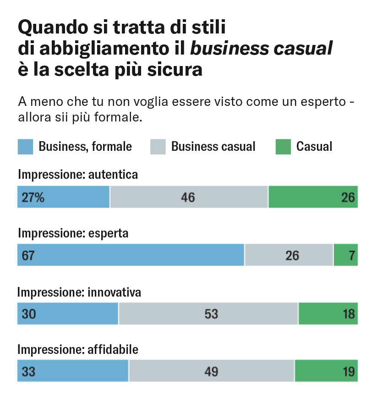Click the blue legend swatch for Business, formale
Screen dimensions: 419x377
click(x=25, y=147)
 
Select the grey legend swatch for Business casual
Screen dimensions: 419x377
click(x=158, y=147)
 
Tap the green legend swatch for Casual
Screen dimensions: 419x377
click(x=283, y=147)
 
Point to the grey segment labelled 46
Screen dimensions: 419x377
click(x=188, y=197)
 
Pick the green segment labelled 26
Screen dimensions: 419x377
click(x=313, y=197)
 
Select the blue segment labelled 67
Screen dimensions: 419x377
click(x=131, y=255)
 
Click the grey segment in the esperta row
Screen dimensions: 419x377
click(x=289, y=255)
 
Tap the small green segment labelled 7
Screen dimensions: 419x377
click(x=346, y=255)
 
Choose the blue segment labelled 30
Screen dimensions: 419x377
click(x=68, y=314)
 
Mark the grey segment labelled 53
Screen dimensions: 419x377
click(x=208, y=314)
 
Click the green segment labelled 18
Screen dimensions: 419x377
click(x=328, y=314)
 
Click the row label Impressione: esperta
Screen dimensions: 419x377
click(x=73, y=233)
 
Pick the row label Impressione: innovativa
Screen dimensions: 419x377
click(x=79, y=292)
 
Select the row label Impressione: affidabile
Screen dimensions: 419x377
click(x=78, y=350)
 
